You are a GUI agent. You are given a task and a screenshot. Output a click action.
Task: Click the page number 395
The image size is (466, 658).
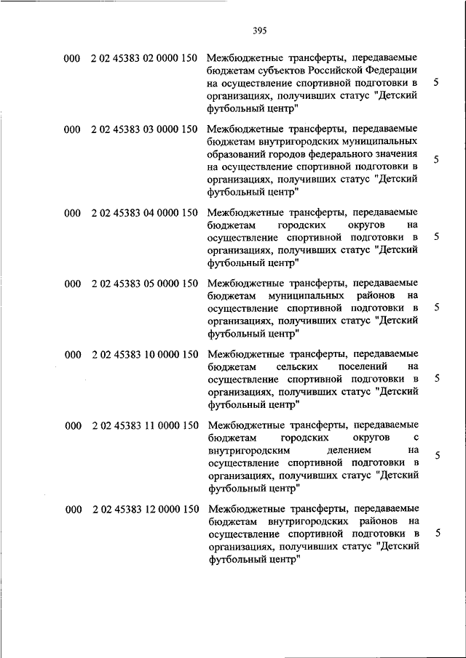point(261,31)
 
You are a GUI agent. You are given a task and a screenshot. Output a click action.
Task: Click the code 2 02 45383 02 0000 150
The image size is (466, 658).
point(145,58)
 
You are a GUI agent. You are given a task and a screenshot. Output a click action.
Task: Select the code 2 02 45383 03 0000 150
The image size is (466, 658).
point(145,129)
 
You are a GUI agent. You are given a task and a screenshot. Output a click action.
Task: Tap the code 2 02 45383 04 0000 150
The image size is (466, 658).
point(145,213)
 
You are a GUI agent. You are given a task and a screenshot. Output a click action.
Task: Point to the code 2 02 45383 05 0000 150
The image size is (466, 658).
point(145,284)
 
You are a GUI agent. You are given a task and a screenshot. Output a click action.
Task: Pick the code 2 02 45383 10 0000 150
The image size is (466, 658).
point(145,354)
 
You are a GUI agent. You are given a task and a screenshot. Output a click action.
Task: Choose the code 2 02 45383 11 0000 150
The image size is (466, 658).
point(145,425)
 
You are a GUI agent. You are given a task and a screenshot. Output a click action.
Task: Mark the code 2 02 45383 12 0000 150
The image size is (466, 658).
point(145,510)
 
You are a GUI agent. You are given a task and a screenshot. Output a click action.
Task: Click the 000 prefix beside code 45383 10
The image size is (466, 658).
point(72,354)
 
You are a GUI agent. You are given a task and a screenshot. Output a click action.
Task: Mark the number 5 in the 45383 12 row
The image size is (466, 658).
point(436,533)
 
